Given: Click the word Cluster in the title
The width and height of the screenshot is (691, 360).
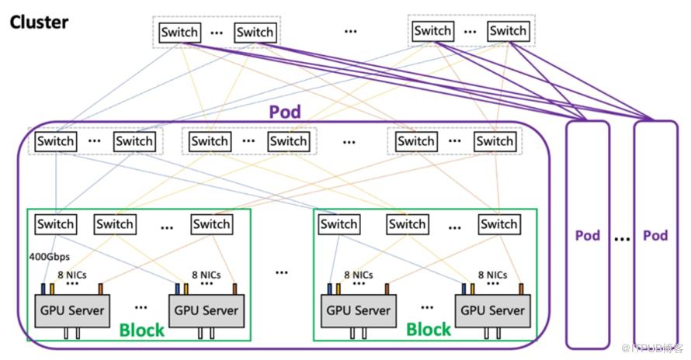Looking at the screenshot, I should [x=39, y=21].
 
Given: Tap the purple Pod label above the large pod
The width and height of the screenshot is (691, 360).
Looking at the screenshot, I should [x=285, y=111].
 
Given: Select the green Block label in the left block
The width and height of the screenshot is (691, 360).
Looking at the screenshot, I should [x=142, y=330].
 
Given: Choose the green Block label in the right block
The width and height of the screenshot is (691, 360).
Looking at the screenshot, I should [x=429, y=330].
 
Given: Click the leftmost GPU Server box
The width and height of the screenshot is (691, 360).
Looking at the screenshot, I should [x=69, y=310].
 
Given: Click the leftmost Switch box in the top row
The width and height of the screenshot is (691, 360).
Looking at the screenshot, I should [x=179, y=32].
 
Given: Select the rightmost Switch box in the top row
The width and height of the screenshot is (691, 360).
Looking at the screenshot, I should [x=508, y=31].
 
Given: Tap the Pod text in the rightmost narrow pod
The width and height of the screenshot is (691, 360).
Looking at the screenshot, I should [x=656, y=235].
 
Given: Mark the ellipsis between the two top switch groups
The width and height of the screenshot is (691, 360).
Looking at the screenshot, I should [x=351, y=30].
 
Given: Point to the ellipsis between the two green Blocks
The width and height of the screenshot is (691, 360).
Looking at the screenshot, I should [x=281, y=272].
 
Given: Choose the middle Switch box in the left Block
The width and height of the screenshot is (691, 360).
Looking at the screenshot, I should [x=114, y=224].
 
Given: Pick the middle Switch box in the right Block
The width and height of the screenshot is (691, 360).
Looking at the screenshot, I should [x=408, y=224].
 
